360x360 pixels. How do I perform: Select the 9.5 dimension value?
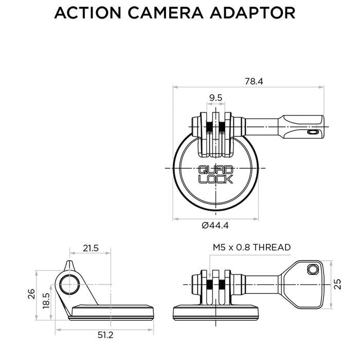tap(216, 98)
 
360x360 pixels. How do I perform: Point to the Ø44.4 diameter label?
tap(215, 225)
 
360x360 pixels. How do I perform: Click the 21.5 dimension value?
tap(91, 248)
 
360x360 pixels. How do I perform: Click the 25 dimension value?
tap(338, 284)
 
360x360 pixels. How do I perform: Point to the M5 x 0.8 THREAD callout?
tap(251, 247)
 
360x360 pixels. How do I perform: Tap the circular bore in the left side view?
tap(69, 284)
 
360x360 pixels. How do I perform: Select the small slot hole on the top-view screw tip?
tap(310, 132)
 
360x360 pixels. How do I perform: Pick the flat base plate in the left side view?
tap(113, 311)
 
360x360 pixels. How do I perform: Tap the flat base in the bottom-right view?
tap(215, 311)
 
